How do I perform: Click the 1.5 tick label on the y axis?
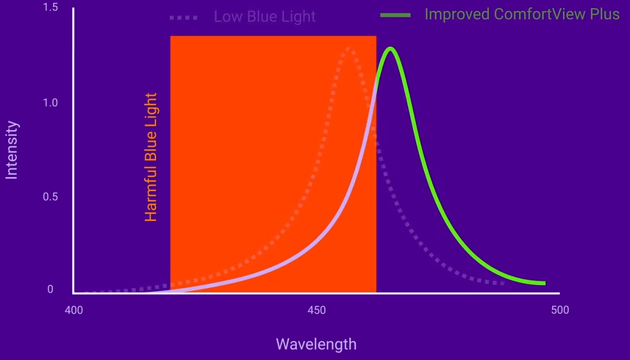50,7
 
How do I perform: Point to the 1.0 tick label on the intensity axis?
50,103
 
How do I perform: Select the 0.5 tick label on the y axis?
50,197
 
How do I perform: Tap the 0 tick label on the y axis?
51,289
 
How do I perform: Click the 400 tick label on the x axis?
74,310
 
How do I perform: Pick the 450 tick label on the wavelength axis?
316,310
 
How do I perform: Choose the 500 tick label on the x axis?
559,310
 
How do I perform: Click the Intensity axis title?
12,151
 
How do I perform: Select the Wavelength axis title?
316,344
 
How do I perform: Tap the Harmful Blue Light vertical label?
151,157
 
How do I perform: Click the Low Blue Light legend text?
265,16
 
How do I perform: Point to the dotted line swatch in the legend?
183,16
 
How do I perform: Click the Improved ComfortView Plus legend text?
522,15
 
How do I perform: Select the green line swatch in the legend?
395,15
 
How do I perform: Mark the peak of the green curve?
390,49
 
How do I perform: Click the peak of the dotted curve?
348,49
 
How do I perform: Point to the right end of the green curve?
544,283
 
